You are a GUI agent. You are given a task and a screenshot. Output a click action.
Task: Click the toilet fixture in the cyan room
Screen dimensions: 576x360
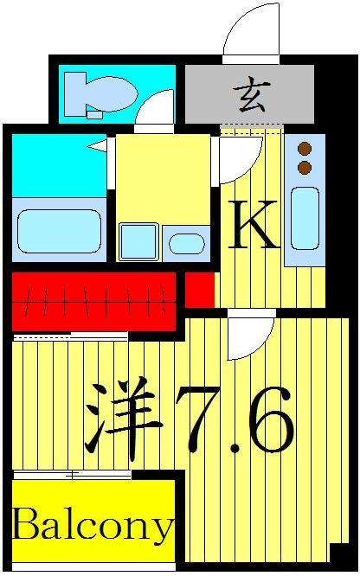point(96,93)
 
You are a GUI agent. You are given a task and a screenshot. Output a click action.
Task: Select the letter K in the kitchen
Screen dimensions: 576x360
point(253,227)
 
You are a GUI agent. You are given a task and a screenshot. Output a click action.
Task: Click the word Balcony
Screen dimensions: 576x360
point(93,524)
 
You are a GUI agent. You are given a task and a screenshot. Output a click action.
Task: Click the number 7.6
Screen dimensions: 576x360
point(235,421)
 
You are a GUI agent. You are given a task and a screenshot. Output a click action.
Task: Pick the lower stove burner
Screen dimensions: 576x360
point(304,167)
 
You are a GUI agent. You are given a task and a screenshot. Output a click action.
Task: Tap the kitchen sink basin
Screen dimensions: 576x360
point(303,215)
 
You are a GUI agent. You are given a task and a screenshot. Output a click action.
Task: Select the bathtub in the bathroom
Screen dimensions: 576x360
point(57,227)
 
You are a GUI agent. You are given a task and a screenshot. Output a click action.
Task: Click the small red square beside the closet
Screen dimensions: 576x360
point(199,290)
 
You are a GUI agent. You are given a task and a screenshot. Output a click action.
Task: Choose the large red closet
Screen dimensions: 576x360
point(93,301)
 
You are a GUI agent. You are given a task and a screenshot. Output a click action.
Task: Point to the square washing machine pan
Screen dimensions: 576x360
point(138,241)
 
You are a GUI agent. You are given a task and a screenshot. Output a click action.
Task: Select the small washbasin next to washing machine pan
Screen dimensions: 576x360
point(184,243)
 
